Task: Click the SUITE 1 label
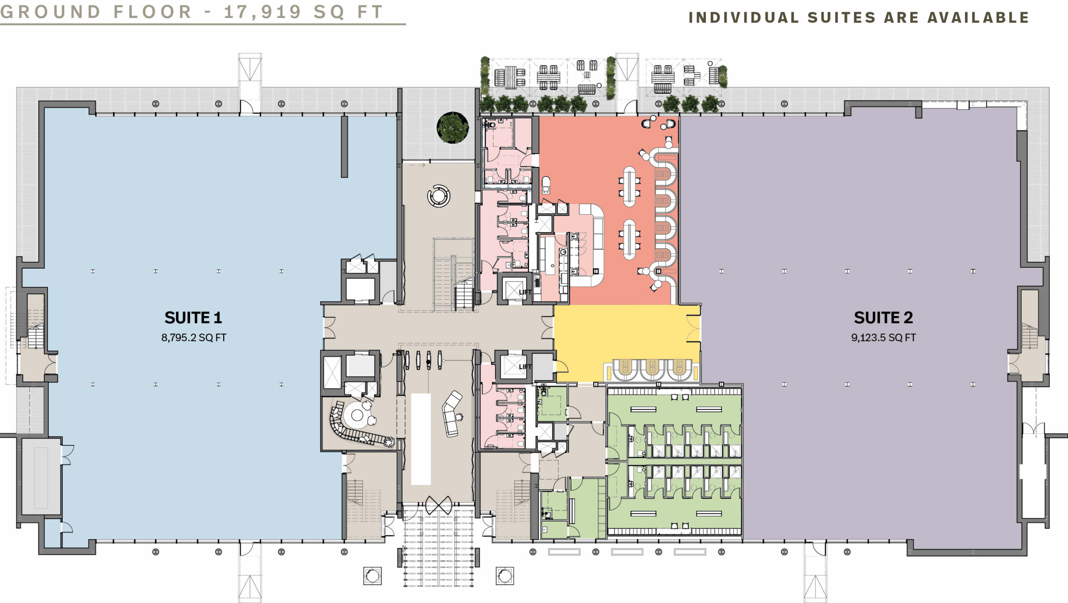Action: [193, 318]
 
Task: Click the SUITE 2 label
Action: [883, 318]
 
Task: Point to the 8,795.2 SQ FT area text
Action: [194, 337]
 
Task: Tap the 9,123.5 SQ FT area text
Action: [883, 337]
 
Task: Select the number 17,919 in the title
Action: [263, 12]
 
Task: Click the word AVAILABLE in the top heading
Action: [978, 18]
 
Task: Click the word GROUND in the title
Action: [50, 12]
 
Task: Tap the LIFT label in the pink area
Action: [525, 292]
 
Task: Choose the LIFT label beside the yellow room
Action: [525, 367]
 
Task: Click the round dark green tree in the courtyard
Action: [453, 128]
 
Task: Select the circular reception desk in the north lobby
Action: [439, 196]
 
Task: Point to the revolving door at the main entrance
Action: [438, 505]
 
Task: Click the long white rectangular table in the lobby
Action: [421, 439]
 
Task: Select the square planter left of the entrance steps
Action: [372, 576]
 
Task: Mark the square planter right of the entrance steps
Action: [504, 576]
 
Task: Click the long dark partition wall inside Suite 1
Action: [344, 147]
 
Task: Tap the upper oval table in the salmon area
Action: [630, 186]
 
